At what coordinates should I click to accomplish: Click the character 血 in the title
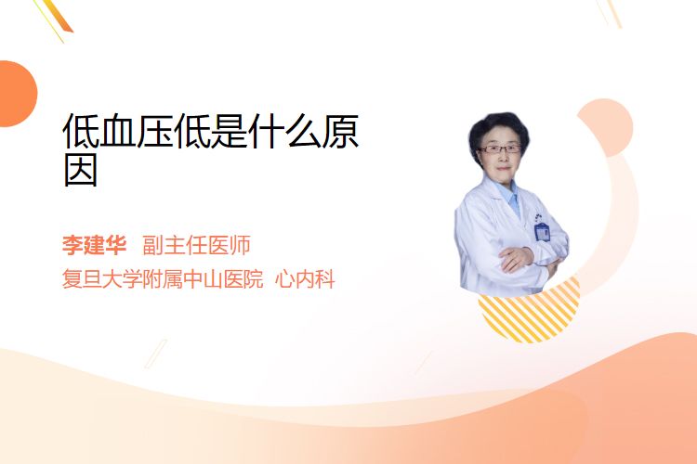click(x=117, y=131)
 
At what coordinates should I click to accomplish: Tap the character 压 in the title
click(x=154, y=131)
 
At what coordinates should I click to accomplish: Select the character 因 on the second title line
click(x=81, y=169)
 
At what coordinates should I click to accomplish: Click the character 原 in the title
click(x=340, y=131)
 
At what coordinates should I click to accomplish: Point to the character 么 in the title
click(x=303, y=131)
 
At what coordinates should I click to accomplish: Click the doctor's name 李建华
click(x=94, y=245)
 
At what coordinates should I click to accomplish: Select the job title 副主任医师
click(x=196, y=245)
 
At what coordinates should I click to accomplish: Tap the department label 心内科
click(x=305, y=279)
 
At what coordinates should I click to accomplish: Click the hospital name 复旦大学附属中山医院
click(x=163, y=279)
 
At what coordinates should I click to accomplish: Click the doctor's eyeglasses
click(x=500, y=148)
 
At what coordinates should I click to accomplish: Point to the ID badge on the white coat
click(x=542, y=230)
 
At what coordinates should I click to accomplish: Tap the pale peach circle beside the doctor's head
click(x=607, y=126)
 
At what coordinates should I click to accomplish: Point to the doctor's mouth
click(x=503, y=168)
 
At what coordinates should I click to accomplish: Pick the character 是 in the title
click(x=229, y=131)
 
